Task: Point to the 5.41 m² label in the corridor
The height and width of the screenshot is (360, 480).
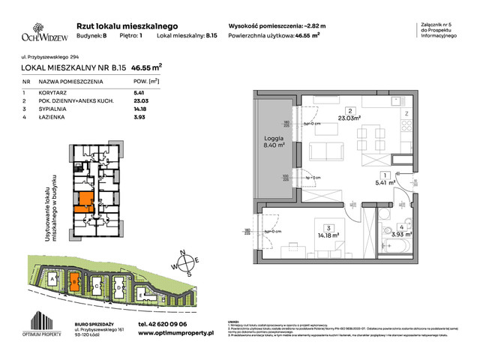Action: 387,181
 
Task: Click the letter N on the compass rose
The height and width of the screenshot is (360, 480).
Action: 182,252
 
